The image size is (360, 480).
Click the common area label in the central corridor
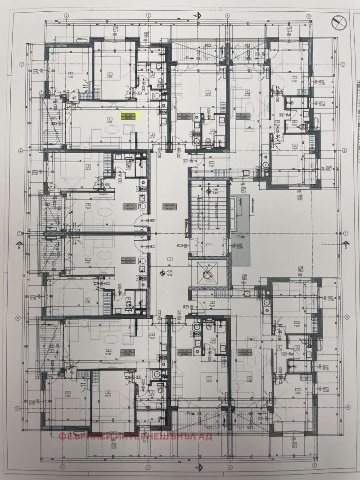pos(169,207)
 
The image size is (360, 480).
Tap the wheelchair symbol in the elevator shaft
pos(208,272)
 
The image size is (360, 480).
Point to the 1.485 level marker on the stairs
pos(216,190)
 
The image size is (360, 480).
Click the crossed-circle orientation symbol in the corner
pos(338,21)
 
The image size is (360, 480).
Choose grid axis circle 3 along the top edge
pos(148,15)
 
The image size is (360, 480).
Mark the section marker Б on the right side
pos(346,246)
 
